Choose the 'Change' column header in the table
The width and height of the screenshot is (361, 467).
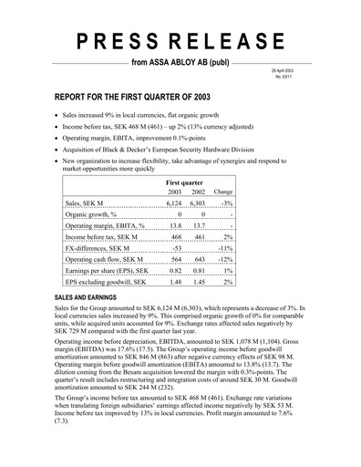tap(222, 194)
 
